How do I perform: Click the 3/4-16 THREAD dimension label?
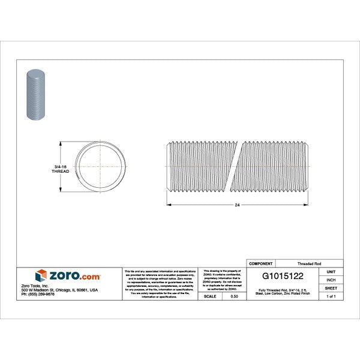coord(61,167)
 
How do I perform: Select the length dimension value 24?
coord(238,205)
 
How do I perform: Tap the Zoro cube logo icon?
coord(41,275)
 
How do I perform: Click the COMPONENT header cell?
coord(261,263)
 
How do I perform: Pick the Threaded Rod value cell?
coord(309,263)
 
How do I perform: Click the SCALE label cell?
coord(211,296)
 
